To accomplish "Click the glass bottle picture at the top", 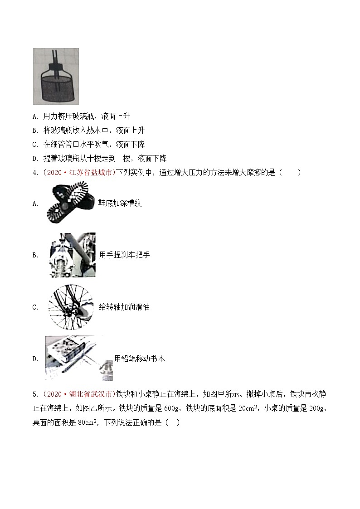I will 56,76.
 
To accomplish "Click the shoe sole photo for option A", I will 71,203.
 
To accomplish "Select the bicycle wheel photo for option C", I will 70,307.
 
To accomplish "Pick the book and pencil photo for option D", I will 78,358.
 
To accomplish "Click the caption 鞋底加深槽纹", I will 120,203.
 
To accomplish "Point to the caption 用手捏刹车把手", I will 124,255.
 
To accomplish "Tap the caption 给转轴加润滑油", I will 124,307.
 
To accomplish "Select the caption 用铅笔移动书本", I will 139,359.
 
